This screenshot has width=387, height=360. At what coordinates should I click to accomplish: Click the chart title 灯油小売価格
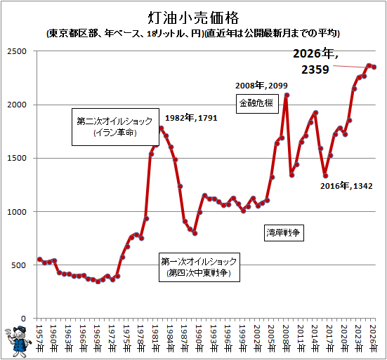coord(194,18)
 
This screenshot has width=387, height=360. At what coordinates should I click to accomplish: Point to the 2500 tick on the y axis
coord(17,51)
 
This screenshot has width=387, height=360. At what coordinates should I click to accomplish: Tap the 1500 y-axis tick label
coord(17,158)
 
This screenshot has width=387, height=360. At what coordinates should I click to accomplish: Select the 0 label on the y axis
coord(23,319)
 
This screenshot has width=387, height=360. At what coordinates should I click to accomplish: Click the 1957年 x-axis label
coord(39,338)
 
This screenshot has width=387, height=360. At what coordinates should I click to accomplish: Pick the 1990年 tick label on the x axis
coord(199,338)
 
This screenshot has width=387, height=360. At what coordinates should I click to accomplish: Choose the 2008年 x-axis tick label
coord(286,338)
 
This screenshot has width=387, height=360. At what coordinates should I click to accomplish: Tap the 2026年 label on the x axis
coord(373,338)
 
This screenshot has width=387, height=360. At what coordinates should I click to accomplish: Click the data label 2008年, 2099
coord(261,86)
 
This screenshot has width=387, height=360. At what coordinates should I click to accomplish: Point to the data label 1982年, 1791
coord(191,118)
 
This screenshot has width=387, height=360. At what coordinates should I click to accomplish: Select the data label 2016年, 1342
coord(346,186)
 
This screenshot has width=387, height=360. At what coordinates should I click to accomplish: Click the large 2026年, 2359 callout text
coord(315,62)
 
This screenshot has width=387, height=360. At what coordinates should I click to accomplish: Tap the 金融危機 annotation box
coord(257,104)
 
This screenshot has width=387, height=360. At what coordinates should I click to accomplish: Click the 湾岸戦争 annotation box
coord(284,232)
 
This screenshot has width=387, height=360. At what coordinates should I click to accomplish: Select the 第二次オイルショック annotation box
coord(115,127)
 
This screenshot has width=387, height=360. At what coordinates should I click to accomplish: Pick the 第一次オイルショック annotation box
coord(199,267)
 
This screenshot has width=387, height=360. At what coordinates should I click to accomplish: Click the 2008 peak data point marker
coord(287,95)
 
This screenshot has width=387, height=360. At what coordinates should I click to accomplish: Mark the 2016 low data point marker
coord(326,176)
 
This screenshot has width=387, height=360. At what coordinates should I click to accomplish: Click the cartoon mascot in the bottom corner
coord(19,342)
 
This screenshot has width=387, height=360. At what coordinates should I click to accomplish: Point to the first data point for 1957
coord(40,260)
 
